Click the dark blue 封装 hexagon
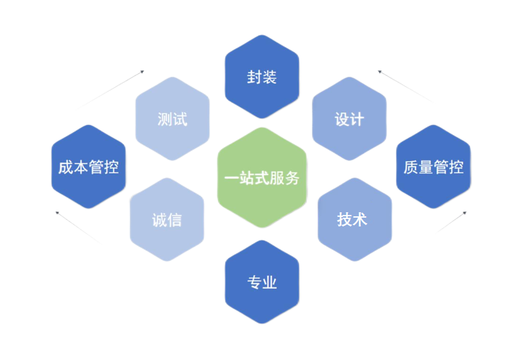coord(262,77)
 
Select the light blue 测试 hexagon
coord(172,119)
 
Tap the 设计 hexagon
coord(349,119)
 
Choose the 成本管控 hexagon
coord(89,167)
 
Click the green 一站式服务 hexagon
coord(262,178)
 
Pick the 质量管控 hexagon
coord(433,167)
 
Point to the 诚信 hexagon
coord(167,220)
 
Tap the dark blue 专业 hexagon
coord(262,282)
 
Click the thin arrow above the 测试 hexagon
coord(113,87)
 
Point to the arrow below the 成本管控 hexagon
coord(78,228)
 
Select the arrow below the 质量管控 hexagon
coord(450,223)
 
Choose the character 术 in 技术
coord(361,220)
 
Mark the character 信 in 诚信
coord(174,220)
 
